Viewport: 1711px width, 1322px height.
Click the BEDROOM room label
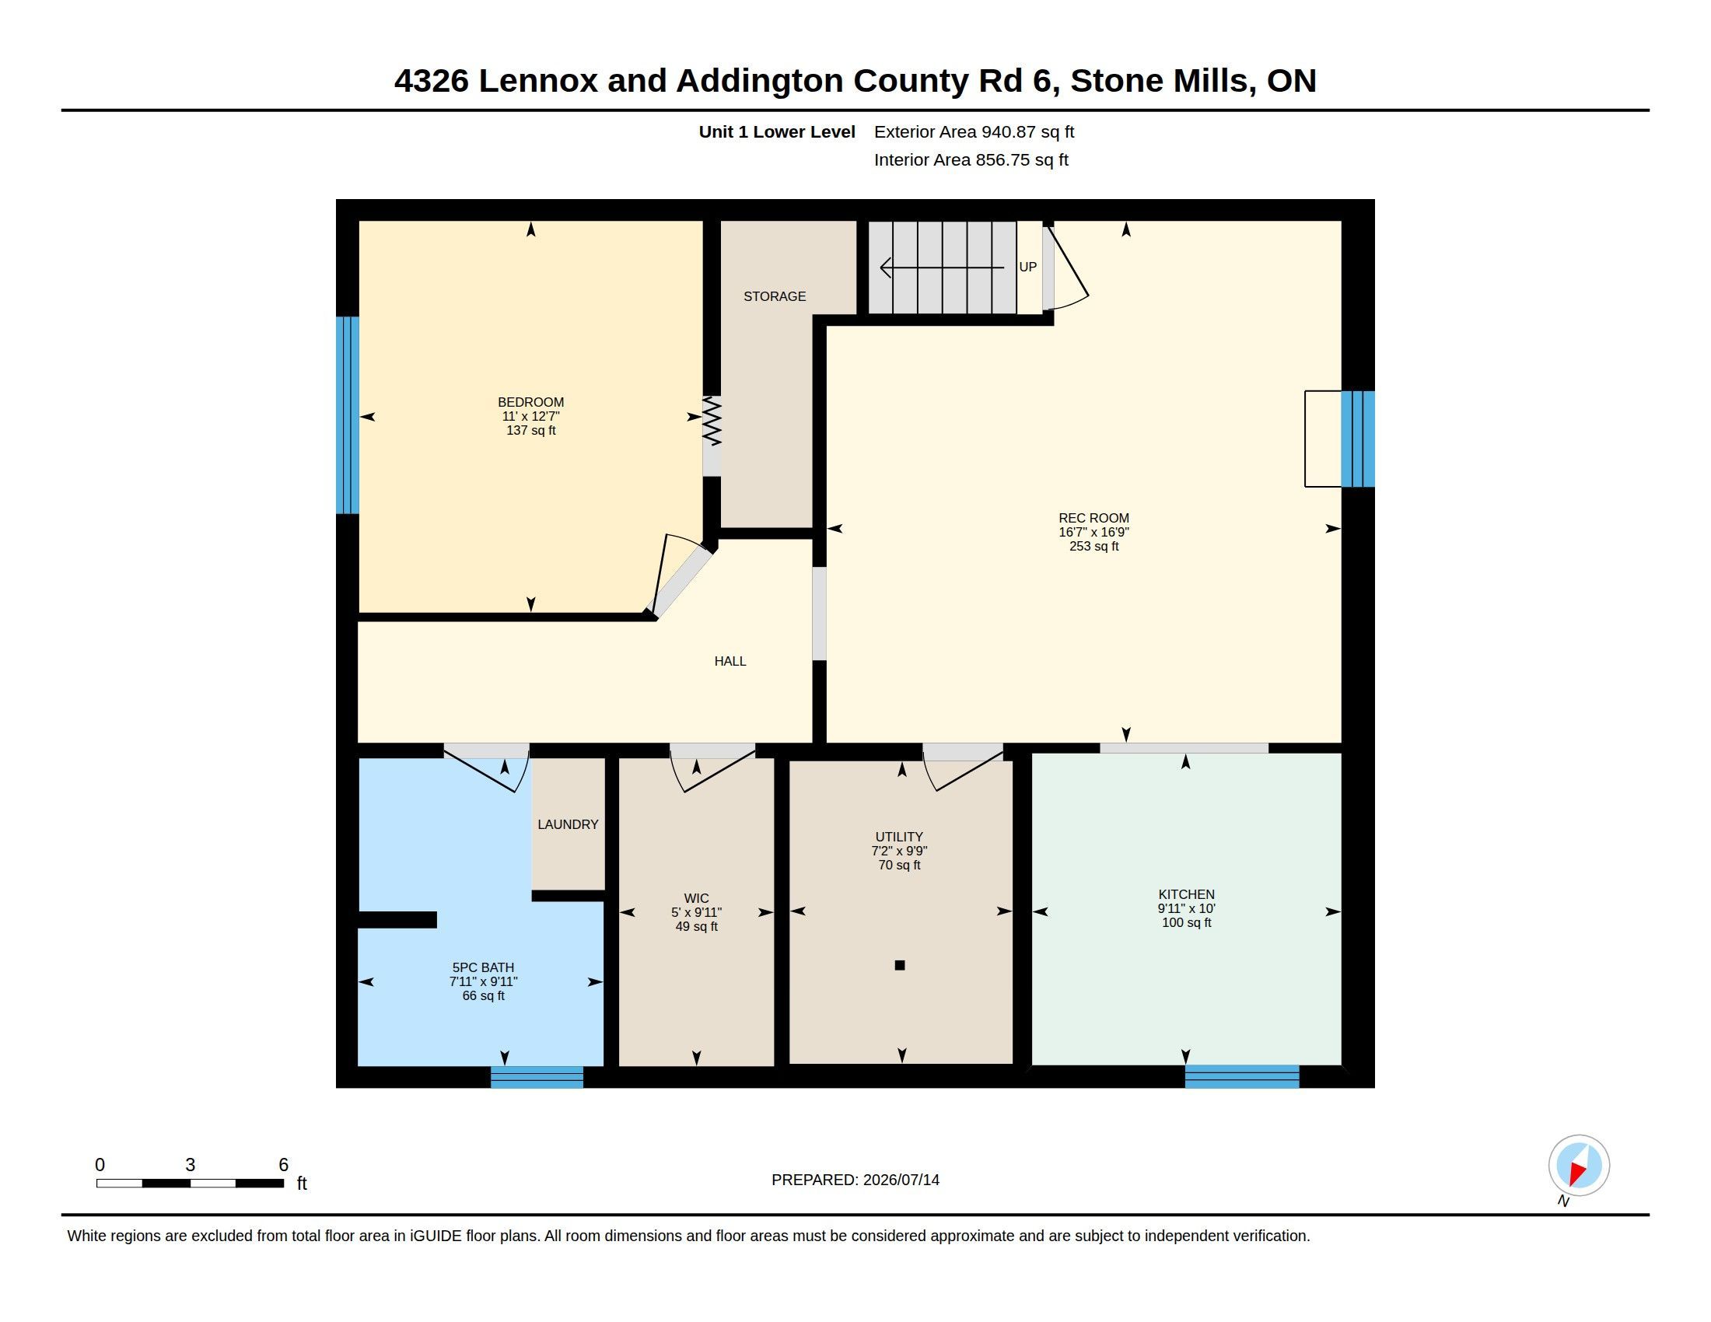[530, 403]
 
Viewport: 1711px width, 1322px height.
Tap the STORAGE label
[774, 296]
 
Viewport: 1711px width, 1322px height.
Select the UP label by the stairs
[1028, 267]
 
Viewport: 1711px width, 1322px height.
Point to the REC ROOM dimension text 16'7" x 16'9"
[1093, 532]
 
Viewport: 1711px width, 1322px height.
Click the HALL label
[730, 661]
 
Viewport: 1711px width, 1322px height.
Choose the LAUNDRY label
[568, 824]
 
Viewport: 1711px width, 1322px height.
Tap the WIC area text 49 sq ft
[697, 926]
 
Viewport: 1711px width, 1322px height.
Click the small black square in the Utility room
[899, 965]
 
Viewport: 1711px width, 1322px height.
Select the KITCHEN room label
[1186, 894]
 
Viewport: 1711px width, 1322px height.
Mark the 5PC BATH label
[484, 967]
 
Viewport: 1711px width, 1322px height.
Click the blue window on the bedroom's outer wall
[347, 415]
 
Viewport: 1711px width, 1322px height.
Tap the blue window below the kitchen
[1242, 1076]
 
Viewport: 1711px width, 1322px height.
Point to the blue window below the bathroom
[537, 1077]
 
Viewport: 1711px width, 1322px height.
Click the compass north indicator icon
[1579, 1166]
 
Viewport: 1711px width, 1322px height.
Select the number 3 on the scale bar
[190, 1165]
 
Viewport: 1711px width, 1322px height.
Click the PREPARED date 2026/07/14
[901, 1180]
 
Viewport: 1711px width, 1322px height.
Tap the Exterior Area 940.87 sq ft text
[974, 131]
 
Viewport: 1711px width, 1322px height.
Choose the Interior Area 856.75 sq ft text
[971, 159]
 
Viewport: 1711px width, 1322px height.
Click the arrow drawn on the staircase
[942, 268]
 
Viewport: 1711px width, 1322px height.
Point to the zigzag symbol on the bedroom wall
[712, 421]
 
